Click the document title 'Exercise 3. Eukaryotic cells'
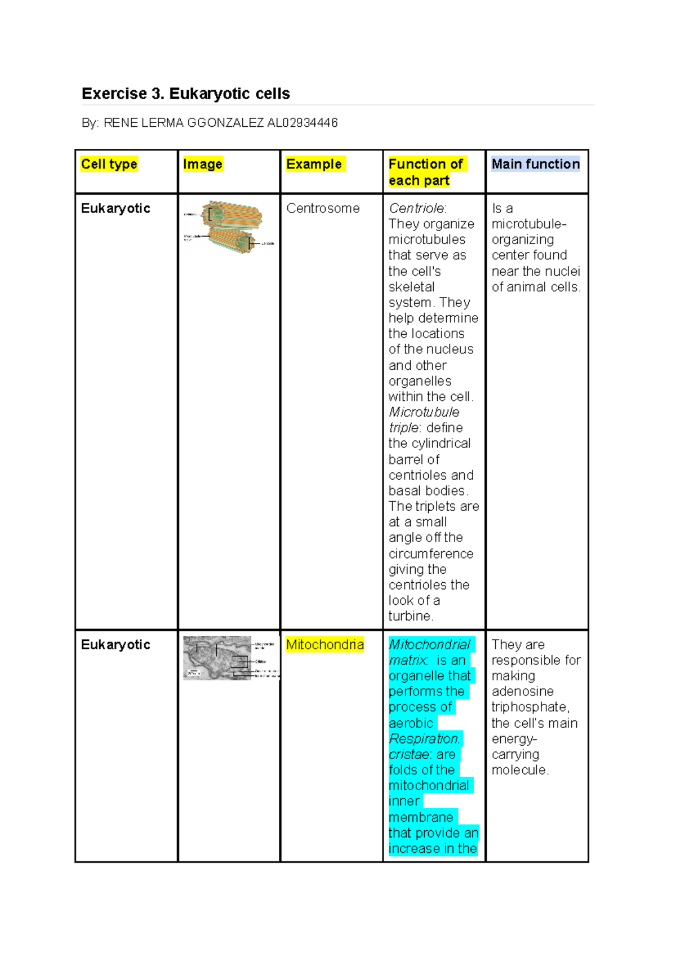pos(185,94)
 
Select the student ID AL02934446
pos(303,123)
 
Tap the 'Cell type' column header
pos(109,164)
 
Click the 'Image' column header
pos(203,164)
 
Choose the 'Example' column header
pos(314,164)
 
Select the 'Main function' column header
pos(535,164)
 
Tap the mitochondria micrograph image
pos(217,658)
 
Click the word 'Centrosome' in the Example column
pos(323,209)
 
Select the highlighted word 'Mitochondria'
pos(325,644)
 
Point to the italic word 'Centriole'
pos(416,209)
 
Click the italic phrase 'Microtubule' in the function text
pos(424,412)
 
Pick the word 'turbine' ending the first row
pos(410,616)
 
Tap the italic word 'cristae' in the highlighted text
pos(409,754)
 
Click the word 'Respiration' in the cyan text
pos(424,738)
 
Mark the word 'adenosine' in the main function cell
pos(522,691)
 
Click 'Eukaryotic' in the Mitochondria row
pos(115,645)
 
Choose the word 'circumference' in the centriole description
pos(431,553)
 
